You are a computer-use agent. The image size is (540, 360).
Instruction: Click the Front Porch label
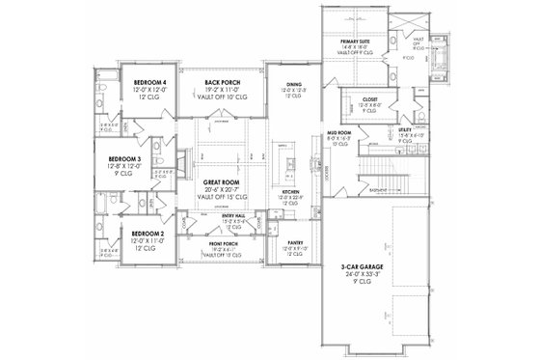(x=221, y=244)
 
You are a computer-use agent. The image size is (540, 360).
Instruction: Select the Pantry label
(x=296, y=244)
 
